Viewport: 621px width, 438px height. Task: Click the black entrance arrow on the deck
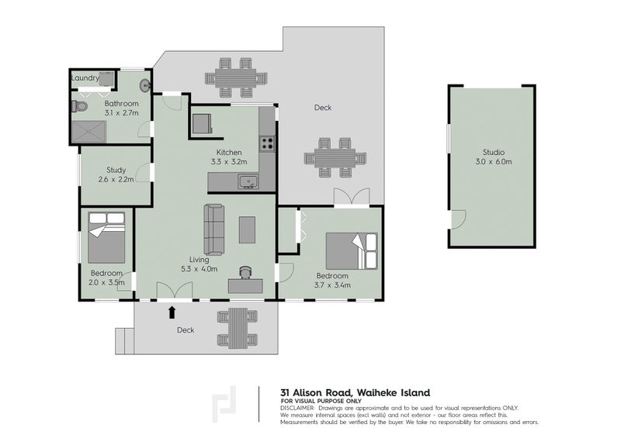[x=172, y=312]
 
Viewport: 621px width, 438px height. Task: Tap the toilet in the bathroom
[x=80, y=106]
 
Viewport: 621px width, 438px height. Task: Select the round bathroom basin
[x=145, y=86]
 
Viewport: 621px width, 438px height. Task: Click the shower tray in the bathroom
[x=89, y=132]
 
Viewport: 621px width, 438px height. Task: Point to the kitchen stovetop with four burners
[x=267, y=143]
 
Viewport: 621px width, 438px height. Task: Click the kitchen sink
[x=248, y=181]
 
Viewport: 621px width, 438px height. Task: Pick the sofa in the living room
[x=214, y=229]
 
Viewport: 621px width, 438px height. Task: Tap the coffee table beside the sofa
[x=247, y=229]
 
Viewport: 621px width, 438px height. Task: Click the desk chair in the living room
[x=245, y=272]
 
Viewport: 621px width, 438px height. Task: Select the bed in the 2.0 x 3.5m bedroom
[x=106, y=237]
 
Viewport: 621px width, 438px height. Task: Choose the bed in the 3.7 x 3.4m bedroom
[x=352, y=251]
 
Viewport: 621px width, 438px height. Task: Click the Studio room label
[x=494, y=152]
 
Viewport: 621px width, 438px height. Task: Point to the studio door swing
[x=459, y=219]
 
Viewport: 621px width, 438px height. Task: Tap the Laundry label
[x=85, y=78]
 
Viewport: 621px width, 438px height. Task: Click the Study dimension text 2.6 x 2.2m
[x=116, y=179]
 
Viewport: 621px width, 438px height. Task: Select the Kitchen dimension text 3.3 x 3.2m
[x=229, y=161]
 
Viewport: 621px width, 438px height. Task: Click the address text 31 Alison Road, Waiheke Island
[x=355, y=392]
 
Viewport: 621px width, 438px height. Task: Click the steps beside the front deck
[x=125, y=341]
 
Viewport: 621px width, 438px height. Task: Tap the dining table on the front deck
[x=238, y=328]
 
